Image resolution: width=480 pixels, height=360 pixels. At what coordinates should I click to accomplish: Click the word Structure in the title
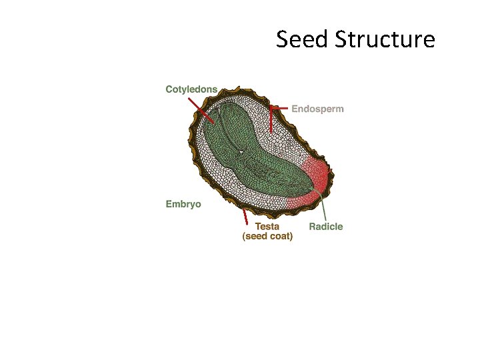point(385,39)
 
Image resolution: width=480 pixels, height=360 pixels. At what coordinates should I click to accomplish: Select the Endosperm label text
point(318,109)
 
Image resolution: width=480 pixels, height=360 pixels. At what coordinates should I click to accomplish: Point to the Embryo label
point(183,204)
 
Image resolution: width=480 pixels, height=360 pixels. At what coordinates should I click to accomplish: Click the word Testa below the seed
point(267,226)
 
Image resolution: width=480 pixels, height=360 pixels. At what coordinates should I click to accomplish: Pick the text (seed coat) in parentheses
point(267,236)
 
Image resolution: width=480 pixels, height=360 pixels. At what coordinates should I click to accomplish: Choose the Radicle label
point(326,227)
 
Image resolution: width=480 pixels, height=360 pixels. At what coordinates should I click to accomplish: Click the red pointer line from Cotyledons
point(200,111)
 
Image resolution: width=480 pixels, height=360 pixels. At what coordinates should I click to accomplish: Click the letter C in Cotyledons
point(169,89)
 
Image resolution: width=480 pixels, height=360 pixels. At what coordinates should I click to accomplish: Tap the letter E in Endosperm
point(295,109)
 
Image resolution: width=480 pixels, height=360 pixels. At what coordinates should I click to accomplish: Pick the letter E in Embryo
point(169,204)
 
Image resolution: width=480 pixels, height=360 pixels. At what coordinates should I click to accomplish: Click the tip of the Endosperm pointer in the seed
point(271,133)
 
